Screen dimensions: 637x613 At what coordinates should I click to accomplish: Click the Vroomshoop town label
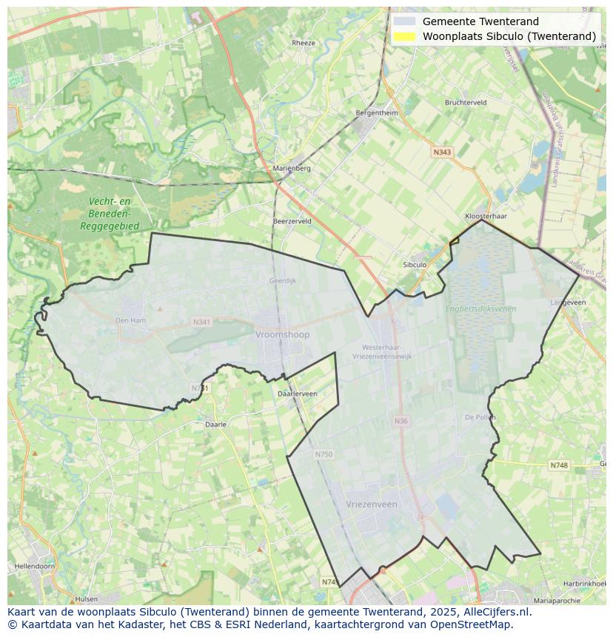282,334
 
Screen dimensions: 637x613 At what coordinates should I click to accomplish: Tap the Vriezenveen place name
371,504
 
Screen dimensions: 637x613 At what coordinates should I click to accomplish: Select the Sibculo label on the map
415,265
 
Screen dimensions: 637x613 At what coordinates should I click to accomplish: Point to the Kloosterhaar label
486,216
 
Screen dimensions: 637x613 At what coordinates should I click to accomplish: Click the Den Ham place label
130,320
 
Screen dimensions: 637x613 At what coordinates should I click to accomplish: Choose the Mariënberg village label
292,168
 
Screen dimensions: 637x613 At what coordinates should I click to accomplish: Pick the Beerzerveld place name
292,221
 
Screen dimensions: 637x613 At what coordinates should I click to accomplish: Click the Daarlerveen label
297,394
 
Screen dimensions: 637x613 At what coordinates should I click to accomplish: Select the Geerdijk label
282,281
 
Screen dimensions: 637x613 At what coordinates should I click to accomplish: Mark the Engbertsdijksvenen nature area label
480,309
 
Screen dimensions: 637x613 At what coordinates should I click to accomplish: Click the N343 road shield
441,152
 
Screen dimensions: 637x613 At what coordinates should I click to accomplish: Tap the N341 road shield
201,322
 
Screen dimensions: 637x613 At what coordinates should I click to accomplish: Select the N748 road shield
559,465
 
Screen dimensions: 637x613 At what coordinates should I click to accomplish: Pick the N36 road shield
401,421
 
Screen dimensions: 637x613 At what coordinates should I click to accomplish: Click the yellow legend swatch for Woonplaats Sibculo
404,36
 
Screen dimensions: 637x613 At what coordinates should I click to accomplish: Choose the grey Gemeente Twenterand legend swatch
404,21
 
